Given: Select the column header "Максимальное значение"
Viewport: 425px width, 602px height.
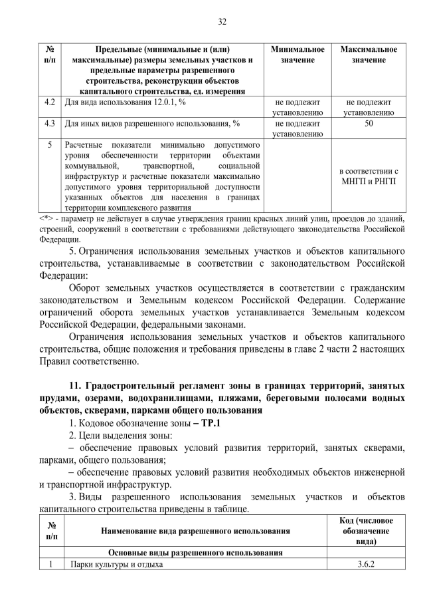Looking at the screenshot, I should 369,55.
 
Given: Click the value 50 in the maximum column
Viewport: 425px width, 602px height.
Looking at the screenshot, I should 369,123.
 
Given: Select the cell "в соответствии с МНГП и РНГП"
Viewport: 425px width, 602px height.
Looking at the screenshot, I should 369,176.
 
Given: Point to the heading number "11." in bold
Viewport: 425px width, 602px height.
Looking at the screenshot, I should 75,386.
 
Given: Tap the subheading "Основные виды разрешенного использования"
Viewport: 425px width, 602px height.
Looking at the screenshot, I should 195,553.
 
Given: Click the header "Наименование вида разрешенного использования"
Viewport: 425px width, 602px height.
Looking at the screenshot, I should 195,531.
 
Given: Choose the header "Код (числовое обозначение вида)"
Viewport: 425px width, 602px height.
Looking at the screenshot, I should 366,531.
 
